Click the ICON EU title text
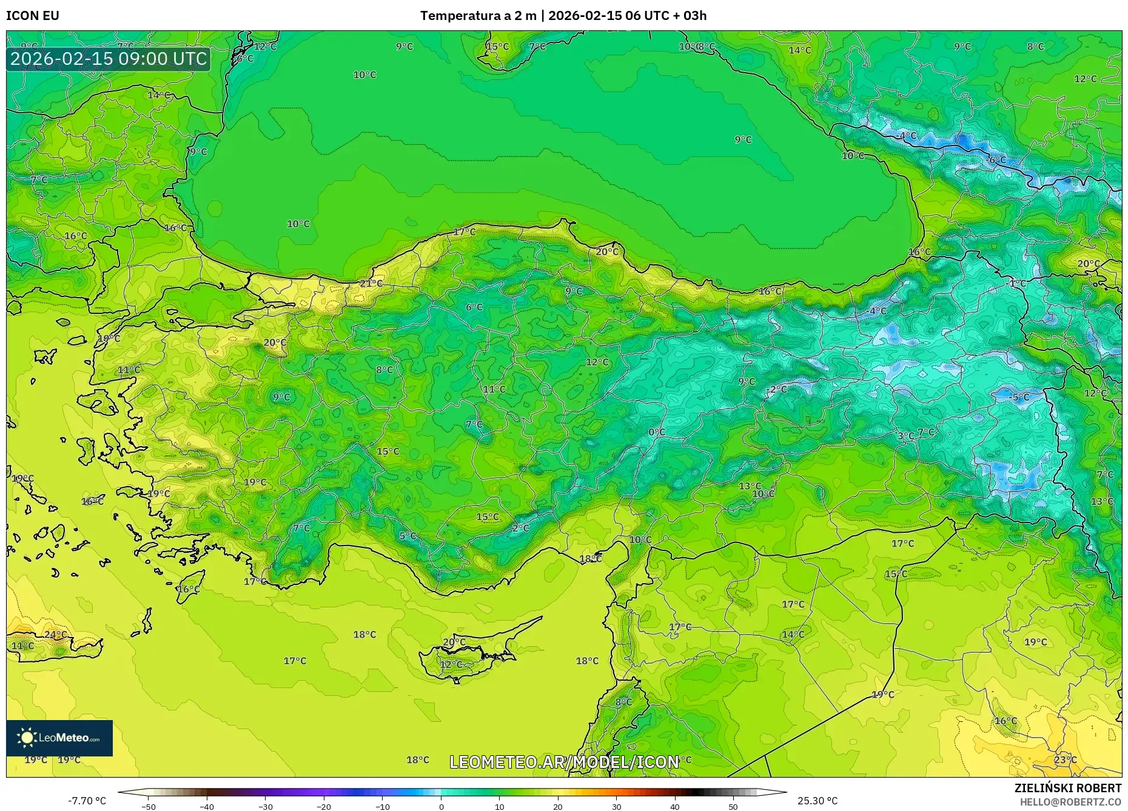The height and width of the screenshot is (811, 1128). (33, 16)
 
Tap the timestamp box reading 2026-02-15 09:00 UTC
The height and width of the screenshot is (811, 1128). (109, 59)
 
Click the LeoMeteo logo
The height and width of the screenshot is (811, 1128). (59, 738)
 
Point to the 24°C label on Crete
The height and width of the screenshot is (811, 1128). (56, 635)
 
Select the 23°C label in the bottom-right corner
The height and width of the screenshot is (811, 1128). (1065, 759)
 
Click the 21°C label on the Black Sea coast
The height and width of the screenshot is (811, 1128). (371, 284)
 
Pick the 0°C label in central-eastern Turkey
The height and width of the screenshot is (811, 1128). (657, 432)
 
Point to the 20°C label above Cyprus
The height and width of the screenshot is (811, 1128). (454, 642)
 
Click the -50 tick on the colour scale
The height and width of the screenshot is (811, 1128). (149, 806)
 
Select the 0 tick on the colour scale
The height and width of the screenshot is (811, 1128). (441, 806)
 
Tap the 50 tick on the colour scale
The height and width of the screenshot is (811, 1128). (733, 806)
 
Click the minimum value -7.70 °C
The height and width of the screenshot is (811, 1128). (87, 801)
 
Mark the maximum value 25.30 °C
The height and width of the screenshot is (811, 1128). (817, 801)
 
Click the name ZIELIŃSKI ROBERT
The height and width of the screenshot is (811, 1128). (1067, 788)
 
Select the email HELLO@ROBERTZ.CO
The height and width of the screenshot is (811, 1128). (1070, 802)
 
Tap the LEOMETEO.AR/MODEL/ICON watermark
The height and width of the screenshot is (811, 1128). (564, 762)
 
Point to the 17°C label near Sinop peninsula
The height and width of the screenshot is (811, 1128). (465, 232)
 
